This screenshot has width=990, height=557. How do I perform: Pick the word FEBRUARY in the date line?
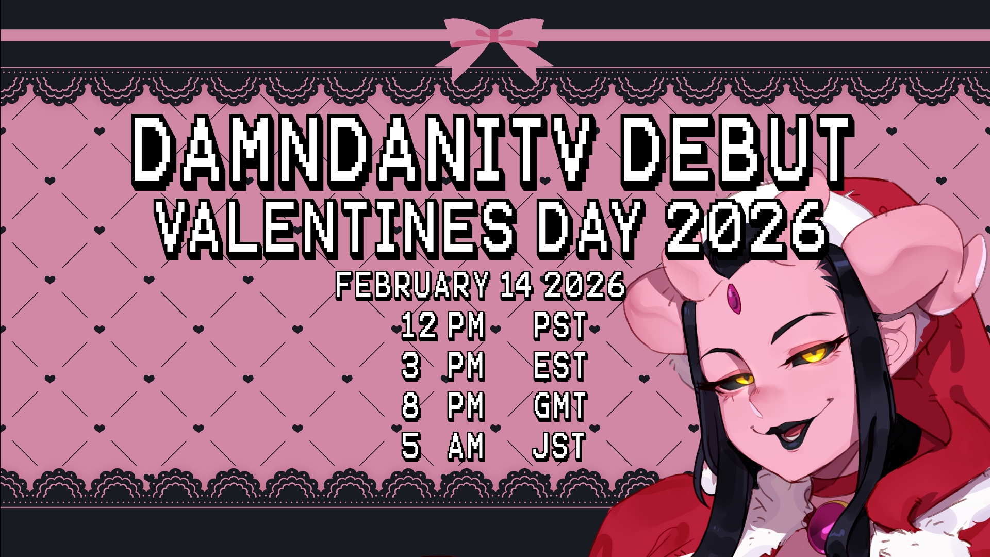coord(412,285)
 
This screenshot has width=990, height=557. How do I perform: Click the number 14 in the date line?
coord(516,285)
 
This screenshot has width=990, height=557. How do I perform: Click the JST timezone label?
coord(559,446)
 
